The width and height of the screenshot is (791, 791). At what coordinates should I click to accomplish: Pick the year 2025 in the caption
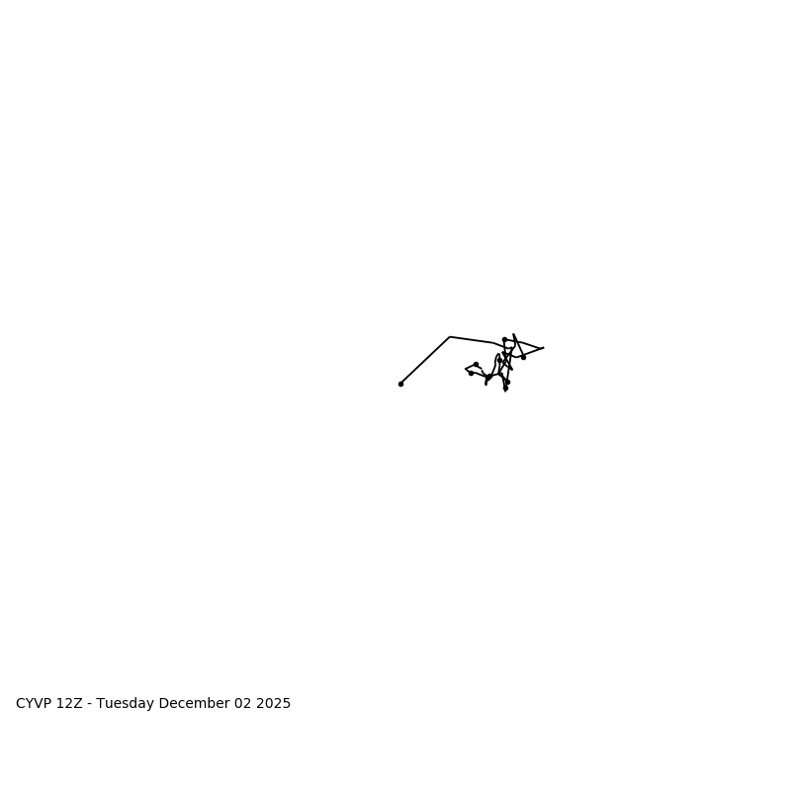coord(274,704)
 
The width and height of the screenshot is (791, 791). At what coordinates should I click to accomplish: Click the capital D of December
coord(163,704)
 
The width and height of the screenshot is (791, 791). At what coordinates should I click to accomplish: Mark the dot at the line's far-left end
coord(400,384)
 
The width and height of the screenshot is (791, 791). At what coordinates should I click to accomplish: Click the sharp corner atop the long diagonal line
coord(450,337)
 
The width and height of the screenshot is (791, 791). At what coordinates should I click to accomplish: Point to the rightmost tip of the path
coord(543,348)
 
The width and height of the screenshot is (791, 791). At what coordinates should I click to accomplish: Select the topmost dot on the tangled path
coord(504,339)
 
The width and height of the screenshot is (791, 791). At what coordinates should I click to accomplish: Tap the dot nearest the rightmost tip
coord(523,357)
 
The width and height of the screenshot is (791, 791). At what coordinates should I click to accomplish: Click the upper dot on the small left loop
coord(476,364)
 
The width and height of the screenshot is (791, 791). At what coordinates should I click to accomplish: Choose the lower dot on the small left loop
coord(471,373)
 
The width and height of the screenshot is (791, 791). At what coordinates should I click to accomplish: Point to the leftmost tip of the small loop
coord(466,370)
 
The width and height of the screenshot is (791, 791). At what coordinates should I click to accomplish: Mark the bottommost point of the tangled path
coord(505,391)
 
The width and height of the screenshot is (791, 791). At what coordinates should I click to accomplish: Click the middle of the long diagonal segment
coord(425,361)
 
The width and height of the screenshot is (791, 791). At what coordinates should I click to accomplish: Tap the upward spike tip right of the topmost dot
coord(514,334)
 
